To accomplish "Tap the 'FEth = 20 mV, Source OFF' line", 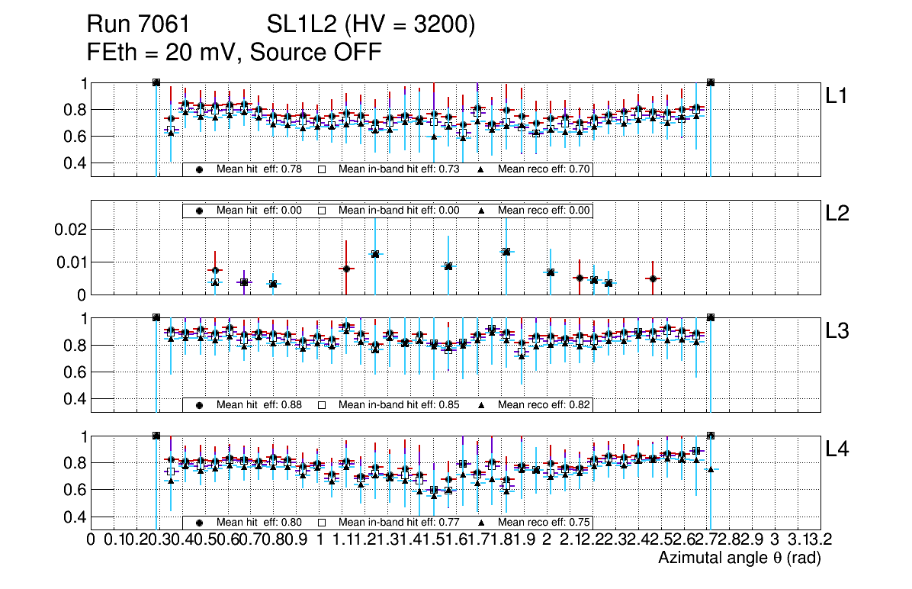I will coord(234,52).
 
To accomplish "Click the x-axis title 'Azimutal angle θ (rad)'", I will coord(739,558).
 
